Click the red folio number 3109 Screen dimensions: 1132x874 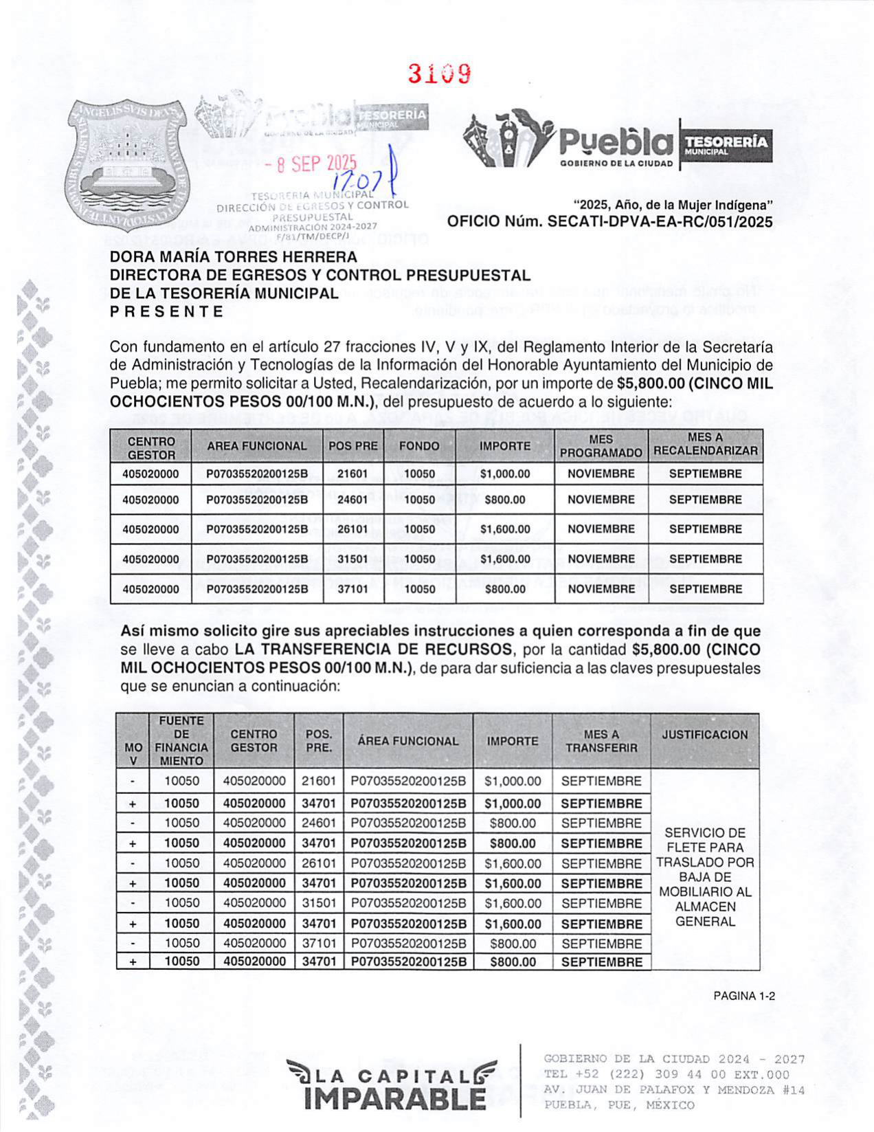point(439,74)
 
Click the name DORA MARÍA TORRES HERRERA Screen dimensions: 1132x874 point(234,257)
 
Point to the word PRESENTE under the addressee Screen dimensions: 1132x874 point(167,311)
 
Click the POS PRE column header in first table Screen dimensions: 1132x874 point(353,446)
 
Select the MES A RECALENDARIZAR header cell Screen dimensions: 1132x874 point(705,445)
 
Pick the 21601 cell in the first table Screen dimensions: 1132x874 point(352,474)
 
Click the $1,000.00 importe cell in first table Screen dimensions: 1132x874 point(505,474)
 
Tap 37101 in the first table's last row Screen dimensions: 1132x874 point(352,589)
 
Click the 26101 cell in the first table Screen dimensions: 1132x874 point(352,529)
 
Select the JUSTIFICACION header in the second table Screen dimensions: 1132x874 point(705,735)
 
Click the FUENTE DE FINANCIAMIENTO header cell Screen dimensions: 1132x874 point(181,741)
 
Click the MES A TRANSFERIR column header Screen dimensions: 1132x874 point(601,741)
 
